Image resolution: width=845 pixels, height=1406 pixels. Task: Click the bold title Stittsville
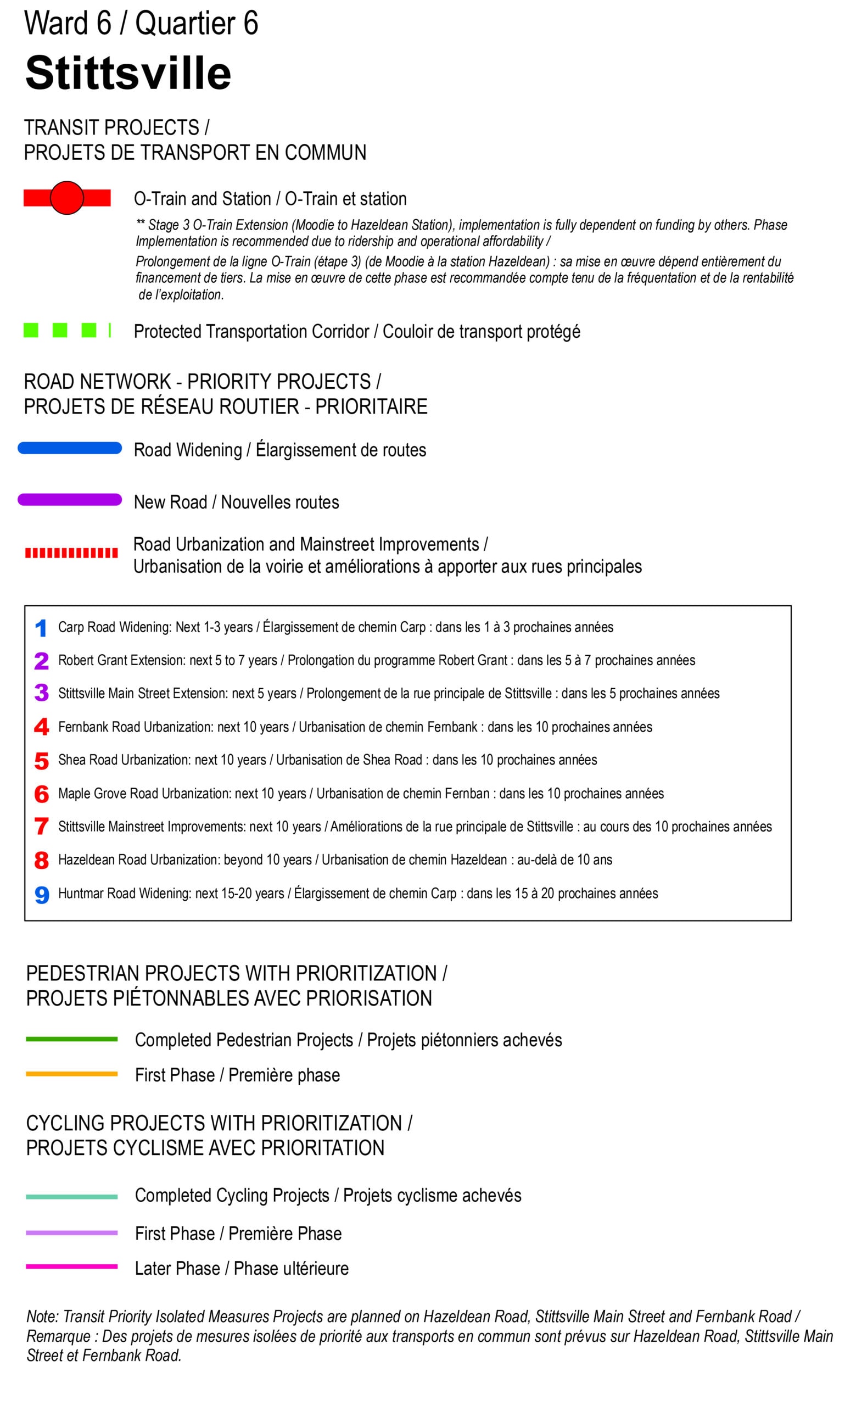coord(128,74)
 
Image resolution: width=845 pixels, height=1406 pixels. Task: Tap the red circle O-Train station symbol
coord(66,198)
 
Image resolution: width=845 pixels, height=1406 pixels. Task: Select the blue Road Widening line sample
coord(70,448)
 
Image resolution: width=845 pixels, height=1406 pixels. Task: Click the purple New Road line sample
coord(70,499)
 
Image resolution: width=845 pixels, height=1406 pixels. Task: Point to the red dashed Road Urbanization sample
coord(71,553)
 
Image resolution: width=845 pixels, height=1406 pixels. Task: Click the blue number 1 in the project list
coord(41,628)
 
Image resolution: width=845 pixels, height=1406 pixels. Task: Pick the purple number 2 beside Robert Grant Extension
coord(42,661)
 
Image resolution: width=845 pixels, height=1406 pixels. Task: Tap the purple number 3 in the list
coord(42,693)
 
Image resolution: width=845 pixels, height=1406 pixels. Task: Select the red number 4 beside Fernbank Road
coord(42,727)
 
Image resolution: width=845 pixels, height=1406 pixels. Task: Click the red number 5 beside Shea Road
coord(42,760)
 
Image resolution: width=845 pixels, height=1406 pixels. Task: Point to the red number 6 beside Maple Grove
coord(42,793)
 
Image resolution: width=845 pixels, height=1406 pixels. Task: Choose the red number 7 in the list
coord(42,826)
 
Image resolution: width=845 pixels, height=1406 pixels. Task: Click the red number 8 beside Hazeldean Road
coord(42,860)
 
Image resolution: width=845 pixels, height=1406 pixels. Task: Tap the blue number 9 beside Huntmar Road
coord(42,894)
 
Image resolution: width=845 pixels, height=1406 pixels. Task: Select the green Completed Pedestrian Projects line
coord(71,1039)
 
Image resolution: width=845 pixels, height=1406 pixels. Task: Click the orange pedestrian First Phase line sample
coord(71,1073)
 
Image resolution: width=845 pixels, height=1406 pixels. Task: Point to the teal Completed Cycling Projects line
coord(71,1196)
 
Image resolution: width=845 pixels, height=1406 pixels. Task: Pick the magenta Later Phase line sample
coord(71,1266)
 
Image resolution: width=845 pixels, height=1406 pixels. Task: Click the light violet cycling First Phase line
coord(71,1232)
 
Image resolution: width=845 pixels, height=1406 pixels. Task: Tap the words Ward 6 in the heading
coord(67,24)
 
